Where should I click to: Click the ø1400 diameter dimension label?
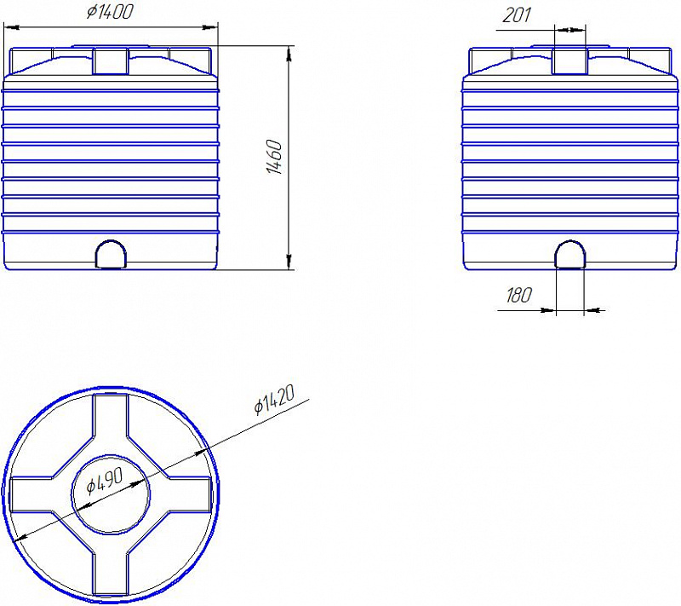[x=110, y=11]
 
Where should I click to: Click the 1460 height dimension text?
[x=274, y=157]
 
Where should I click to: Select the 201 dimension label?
[x=517, y=15]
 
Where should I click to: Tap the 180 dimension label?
[x=519, y=295]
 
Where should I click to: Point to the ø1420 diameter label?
[x=274, y=399]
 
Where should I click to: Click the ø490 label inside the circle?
[x=105, y=482]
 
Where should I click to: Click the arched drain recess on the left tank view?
[x=111, y=254]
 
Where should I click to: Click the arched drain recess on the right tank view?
[x=570, y=254]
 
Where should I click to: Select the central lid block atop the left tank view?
[x=111, y=61]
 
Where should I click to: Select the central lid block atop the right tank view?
[x=569, y=61]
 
